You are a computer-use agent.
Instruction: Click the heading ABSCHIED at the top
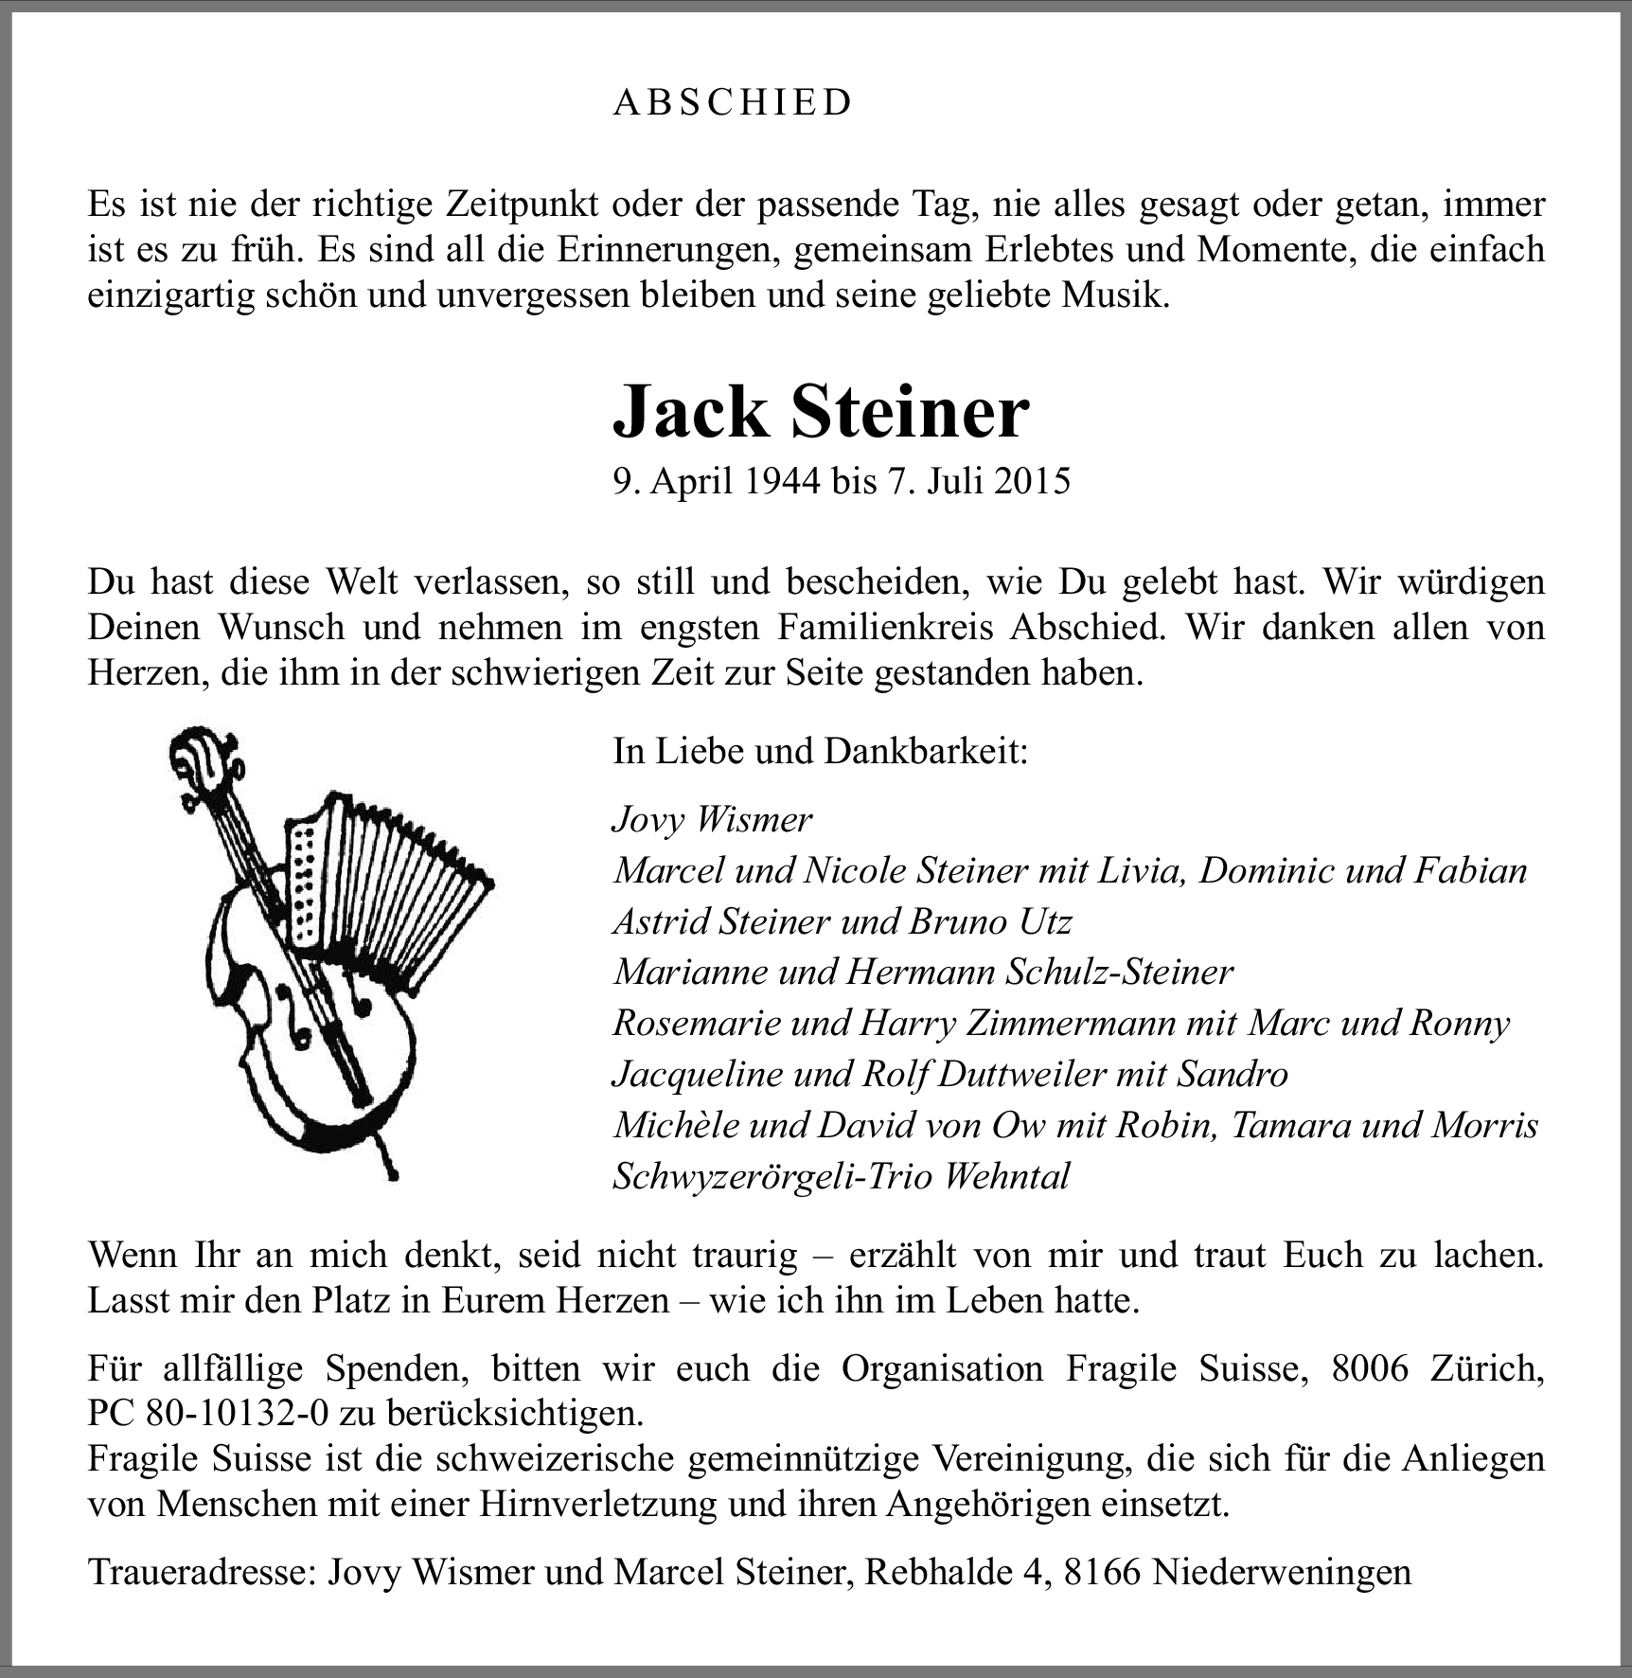pos(733,102)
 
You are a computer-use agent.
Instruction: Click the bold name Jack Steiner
pos(821,412)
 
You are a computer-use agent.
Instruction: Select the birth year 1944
pos(781,481)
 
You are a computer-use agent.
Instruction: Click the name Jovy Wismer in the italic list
pos(712,819)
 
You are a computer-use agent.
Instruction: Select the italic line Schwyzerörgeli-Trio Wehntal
pos(841,1176)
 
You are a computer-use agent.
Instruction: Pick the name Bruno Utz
pos(989,921)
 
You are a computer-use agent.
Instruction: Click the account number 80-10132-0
pos(238,1413)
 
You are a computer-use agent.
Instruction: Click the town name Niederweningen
pos(1283,1571)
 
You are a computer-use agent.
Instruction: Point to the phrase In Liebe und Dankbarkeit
pos(820,751)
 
